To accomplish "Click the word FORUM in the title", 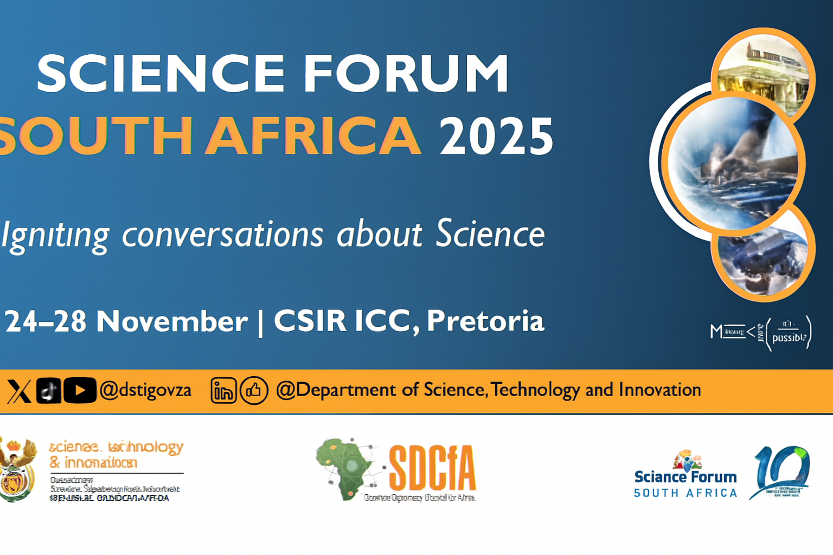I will pos(406,73).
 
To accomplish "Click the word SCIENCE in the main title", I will pos(161,73).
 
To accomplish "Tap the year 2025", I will pos(496,136).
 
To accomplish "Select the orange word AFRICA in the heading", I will pos(313,135).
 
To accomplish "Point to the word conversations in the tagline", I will pos(222,235).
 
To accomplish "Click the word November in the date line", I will pos(171,321).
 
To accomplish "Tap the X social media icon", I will pos(18,391).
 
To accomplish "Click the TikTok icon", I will pos(49,390).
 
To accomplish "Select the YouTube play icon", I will pos(80,390).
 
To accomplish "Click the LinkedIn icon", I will pos(223,391).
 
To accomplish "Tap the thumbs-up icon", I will pos(254,390).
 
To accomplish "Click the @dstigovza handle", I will pos(145,390).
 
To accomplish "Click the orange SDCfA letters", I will pos(432,468).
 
